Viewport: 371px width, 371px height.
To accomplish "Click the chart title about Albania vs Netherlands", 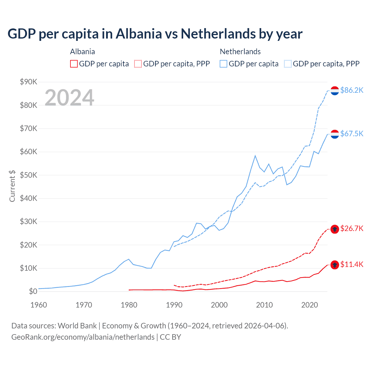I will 155,34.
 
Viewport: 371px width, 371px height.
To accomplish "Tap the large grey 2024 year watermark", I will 69,98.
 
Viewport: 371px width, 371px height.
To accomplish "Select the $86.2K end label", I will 352,90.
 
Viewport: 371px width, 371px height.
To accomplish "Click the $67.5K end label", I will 352,134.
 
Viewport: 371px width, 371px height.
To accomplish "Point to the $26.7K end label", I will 352,229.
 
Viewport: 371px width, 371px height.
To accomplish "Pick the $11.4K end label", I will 352,265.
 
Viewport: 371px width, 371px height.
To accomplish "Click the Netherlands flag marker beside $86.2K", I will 335,91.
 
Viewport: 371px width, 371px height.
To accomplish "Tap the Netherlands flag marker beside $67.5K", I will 335,134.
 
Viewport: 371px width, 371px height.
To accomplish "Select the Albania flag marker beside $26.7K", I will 335,229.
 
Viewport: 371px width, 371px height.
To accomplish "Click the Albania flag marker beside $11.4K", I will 335,265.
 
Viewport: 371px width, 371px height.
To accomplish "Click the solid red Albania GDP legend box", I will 74,64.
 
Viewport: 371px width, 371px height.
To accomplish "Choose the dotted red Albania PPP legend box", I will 138,64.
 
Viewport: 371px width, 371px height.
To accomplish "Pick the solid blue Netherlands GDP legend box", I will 223,64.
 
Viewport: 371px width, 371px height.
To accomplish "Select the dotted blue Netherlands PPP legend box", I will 288,64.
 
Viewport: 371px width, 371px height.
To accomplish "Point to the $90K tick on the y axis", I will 28,82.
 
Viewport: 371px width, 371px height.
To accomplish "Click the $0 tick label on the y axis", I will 33,292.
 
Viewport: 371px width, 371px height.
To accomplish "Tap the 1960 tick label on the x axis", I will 39,305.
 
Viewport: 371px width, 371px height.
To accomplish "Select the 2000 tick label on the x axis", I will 219,305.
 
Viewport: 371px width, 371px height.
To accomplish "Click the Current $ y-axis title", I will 12,186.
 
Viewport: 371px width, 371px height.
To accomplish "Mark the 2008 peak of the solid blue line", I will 255,156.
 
